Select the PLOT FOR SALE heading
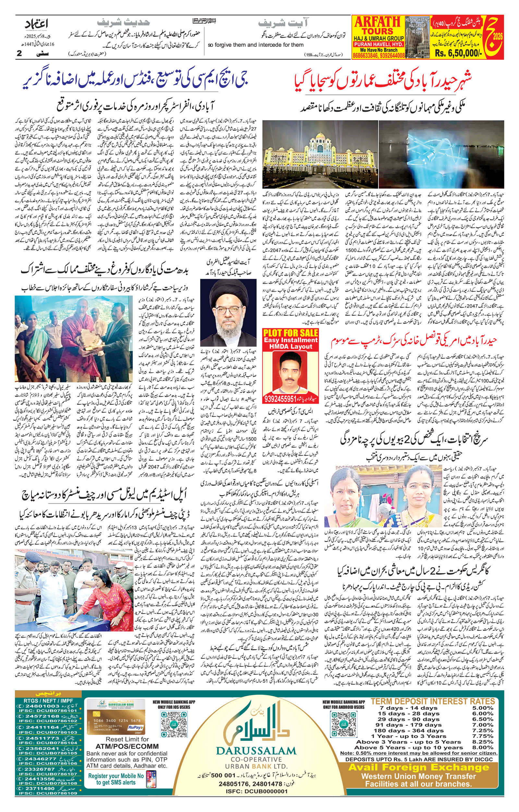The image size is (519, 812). click(x=290, y=333)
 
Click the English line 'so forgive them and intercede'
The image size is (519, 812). click(x=256, y=45)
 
